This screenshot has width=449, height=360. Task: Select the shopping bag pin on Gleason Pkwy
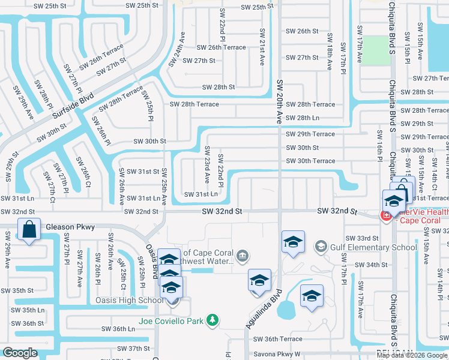coord(29,230)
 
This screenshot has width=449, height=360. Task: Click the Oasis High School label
coord(128,300)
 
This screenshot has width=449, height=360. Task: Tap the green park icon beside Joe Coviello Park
coord(212,321)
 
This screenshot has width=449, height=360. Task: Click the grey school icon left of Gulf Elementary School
coord(321,247)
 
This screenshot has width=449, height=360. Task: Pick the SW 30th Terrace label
coord(310,161)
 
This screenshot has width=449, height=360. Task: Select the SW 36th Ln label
coord(118,329)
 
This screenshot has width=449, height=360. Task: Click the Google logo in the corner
coord(20,353)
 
